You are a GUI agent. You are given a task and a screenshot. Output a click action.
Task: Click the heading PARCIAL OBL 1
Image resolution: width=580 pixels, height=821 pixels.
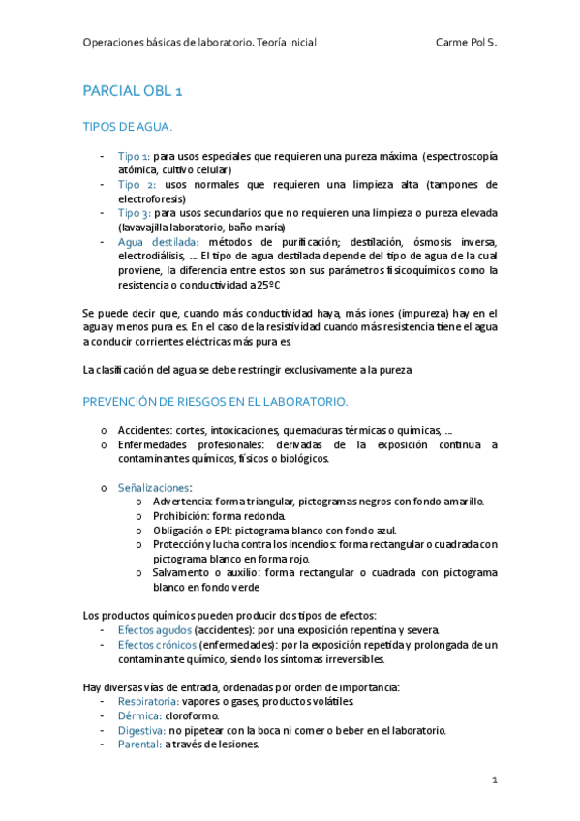point(133,91)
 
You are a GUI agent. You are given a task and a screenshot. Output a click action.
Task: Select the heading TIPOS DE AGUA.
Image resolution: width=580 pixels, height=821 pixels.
point(128,127)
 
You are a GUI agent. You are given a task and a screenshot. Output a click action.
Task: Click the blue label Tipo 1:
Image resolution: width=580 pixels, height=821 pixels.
point(134,156)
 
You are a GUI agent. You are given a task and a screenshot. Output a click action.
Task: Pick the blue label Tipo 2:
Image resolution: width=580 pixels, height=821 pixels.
point(137,184)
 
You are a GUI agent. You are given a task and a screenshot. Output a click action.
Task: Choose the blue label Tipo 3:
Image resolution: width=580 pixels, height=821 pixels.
point(134,212)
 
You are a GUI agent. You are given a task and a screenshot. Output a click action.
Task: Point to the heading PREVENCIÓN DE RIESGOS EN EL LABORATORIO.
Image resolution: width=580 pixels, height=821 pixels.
point(215,401)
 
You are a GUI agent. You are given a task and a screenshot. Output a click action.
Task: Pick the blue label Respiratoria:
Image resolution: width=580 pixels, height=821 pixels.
point(148,701)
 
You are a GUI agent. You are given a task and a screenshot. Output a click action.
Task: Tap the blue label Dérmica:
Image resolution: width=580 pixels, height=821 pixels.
point(139,715)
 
